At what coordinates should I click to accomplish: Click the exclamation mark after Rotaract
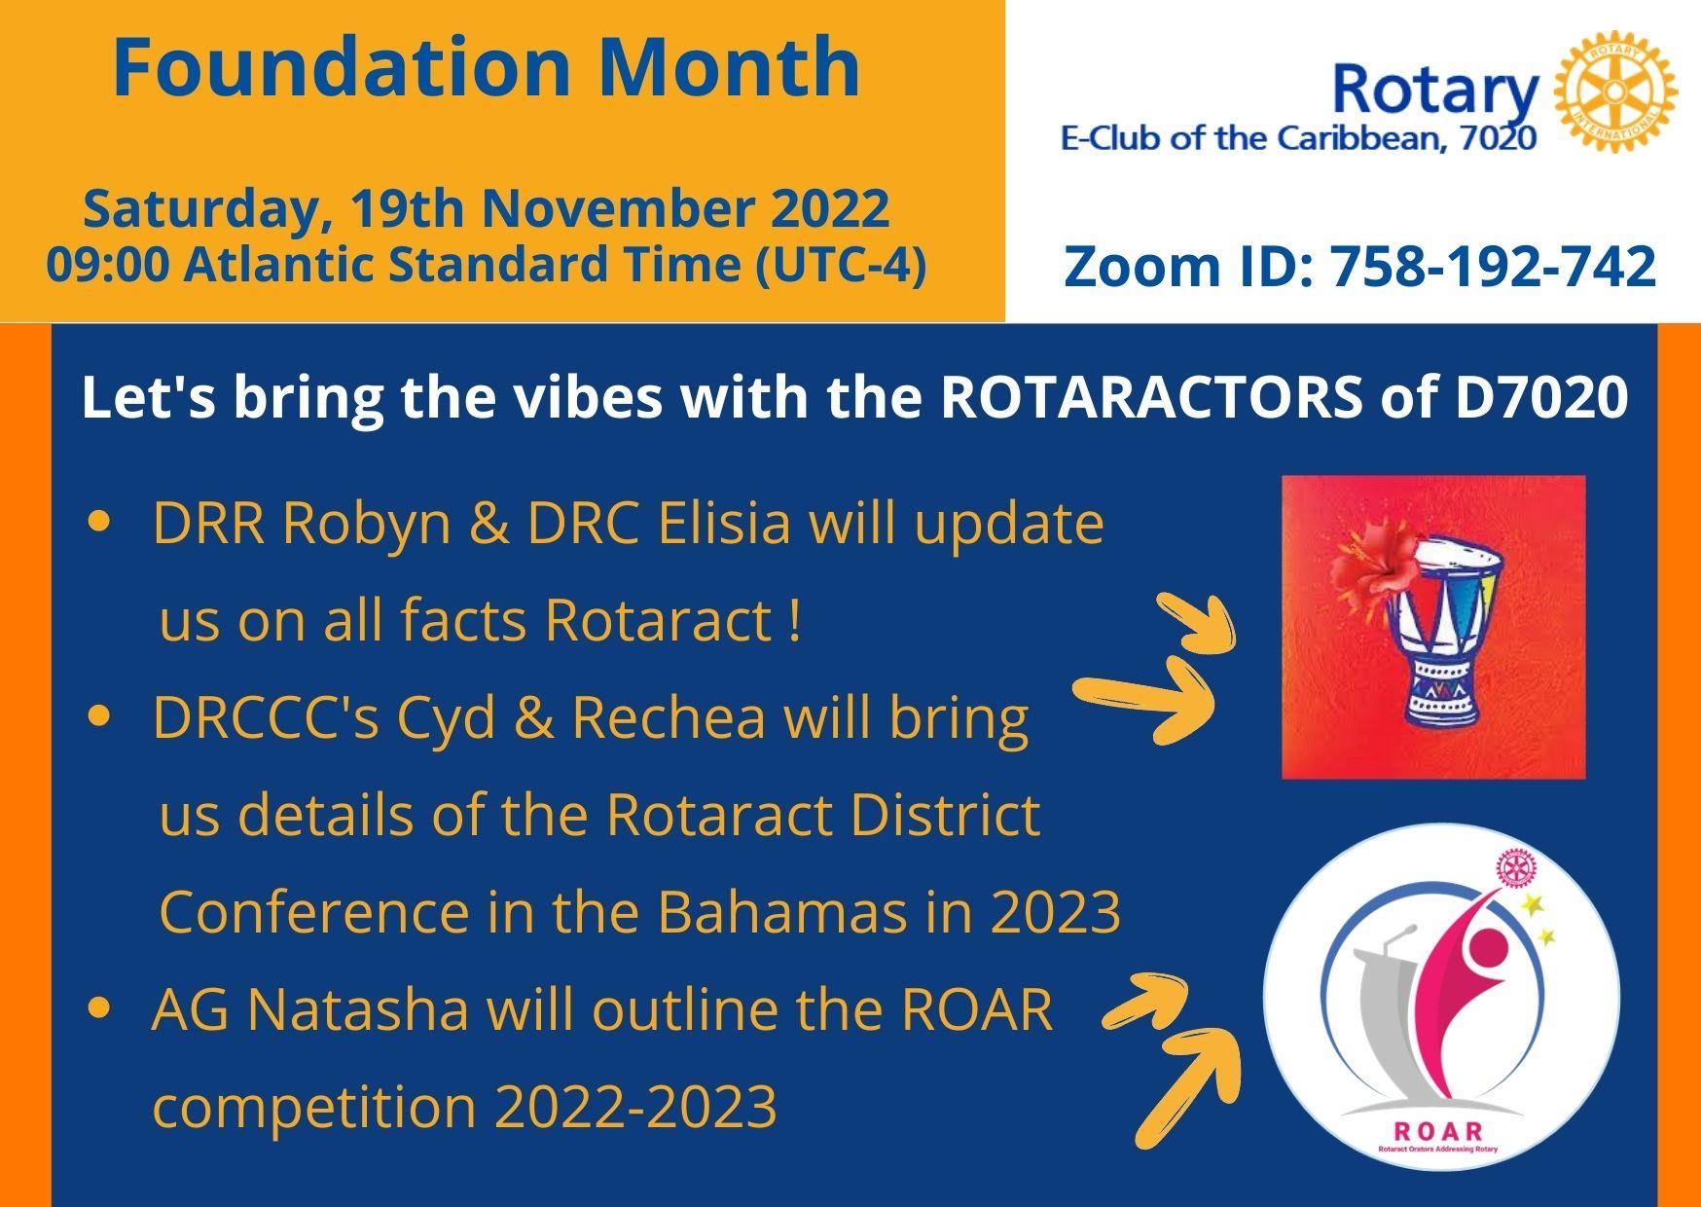point(796,621)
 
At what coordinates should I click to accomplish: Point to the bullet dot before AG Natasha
point(97,1010)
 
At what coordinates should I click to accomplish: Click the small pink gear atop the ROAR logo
point(1510,867)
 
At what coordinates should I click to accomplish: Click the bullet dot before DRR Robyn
point(97,524)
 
